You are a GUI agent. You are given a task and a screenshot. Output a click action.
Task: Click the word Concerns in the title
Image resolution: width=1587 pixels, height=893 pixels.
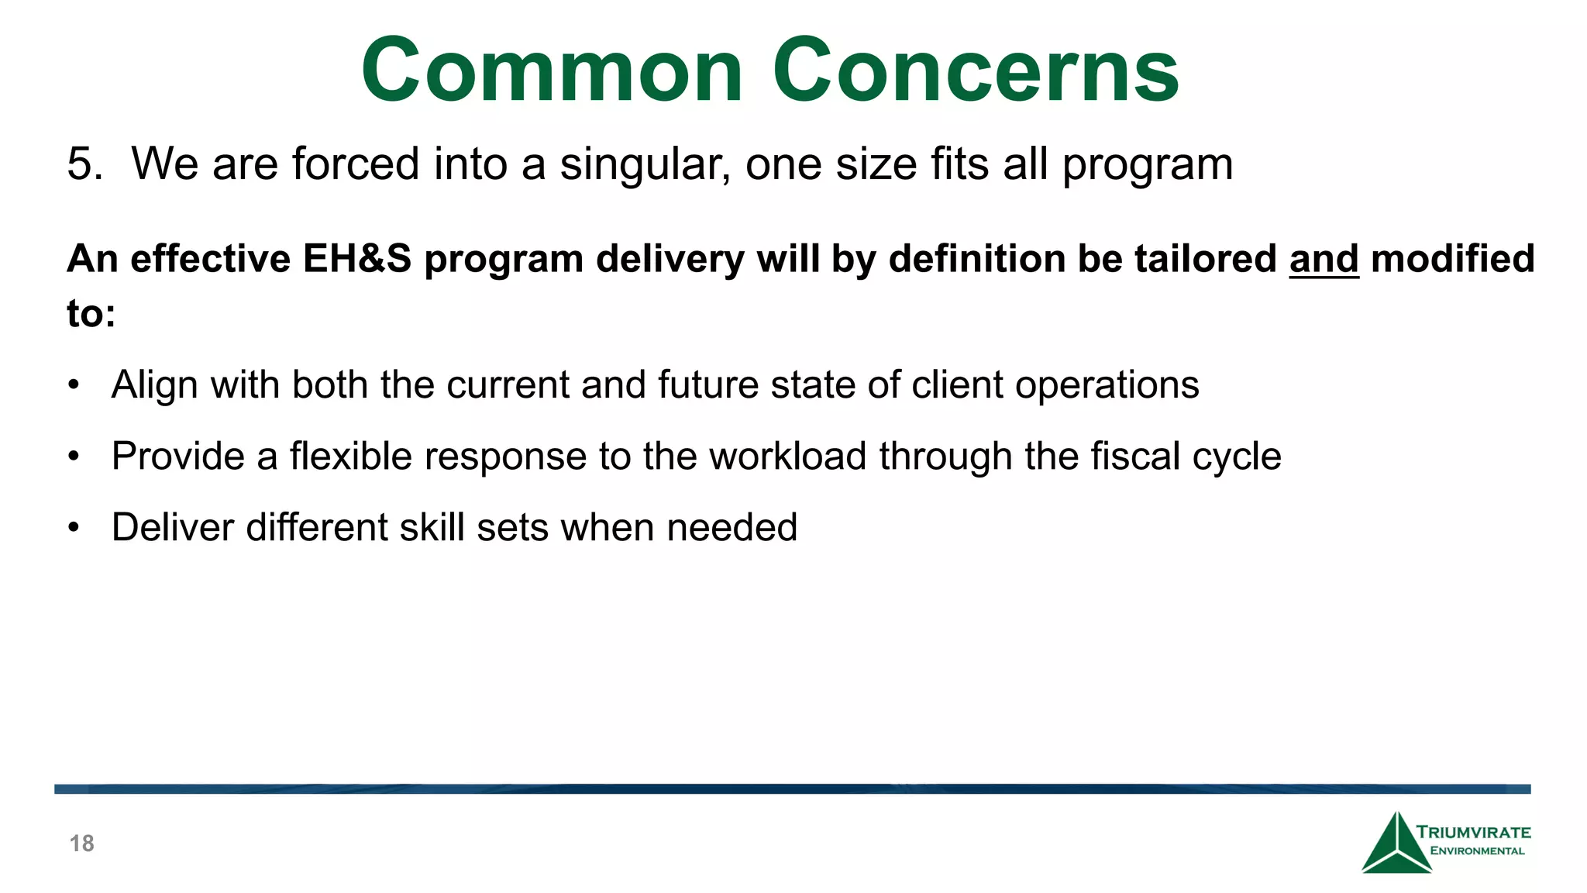tap(976, 71)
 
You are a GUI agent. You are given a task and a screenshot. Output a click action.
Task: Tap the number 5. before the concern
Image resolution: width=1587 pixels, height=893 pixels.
tap(84, 164)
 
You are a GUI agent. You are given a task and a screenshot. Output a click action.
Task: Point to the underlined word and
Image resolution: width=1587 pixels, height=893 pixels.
tap(1324, 259)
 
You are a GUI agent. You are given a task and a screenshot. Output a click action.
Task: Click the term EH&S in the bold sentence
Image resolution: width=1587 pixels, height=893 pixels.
tap(356, 259)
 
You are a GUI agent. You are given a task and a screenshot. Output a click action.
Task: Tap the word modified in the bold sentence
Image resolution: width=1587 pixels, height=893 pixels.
tap(1453, 259)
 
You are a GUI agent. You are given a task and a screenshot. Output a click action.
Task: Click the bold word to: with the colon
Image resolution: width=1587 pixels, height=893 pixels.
tap(91, 314)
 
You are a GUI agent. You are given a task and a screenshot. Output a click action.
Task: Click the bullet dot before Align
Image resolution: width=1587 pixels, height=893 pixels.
tap(74, 385)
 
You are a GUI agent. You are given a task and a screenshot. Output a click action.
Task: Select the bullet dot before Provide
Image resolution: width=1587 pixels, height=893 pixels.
tap(74, 457)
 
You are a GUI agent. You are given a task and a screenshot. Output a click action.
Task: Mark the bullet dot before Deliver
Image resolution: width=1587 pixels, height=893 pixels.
tap(74, 528)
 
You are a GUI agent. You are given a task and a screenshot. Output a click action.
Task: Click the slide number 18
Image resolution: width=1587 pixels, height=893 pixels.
tap(82, 843)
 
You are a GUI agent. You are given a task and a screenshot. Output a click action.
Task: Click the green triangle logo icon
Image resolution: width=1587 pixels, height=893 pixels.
tap(1396, 846)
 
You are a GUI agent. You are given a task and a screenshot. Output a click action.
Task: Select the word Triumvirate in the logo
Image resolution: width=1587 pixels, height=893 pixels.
tap(1473, 833)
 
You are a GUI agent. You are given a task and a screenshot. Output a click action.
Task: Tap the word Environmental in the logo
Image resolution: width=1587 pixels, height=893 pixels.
tap(1477, 851)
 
